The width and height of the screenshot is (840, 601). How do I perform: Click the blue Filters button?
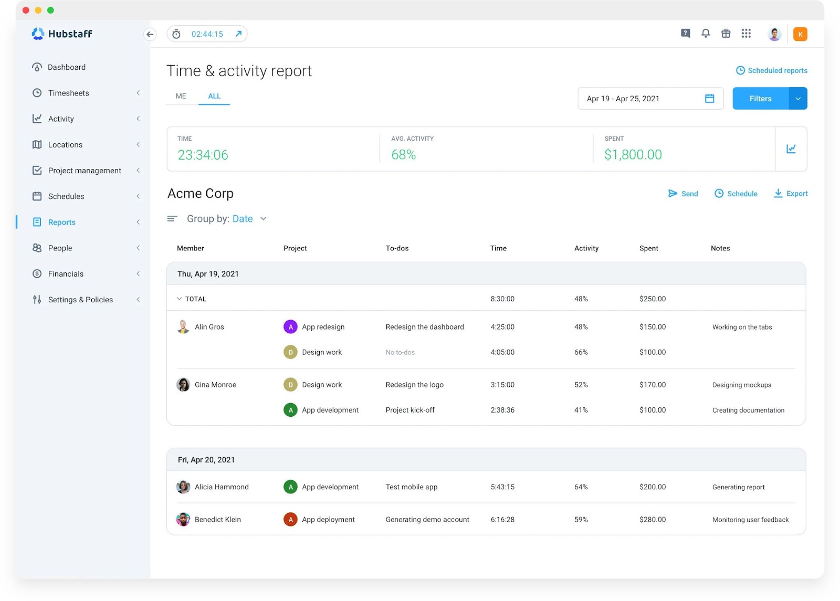pyautogui.click(x=760, y=99)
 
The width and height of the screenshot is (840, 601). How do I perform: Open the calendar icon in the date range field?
pyautogui.click(x=709, y=99)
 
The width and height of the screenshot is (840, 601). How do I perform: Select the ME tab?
pyautogui.click(x=181, y=96)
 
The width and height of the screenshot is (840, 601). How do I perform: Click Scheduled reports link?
pyautogui.click(x=772, y=70)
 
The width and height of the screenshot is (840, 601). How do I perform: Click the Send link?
pyautogui.click(x=683, y=194)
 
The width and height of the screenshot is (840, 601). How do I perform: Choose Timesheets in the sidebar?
pyautogui.click(x=69, y=93)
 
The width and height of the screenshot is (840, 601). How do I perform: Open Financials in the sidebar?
pyautogui.click(x=66, y=274)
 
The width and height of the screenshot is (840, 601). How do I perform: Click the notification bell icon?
pyautogui.click(x=706, y=34)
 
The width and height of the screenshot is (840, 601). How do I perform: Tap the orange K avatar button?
pyautogui.click(x=800, y=34)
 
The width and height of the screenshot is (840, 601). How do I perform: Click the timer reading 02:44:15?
pyautogui.click(x=207, y=34)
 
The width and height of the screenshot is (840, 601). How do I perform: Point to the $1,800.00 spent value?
pyautogui.click(x=633, y=155)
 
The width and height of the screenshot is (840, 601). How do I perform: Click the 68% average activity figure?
pyautogui.click(x=403, y=155)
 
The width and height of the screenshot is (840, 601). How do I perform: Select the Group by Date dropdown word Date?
pyautogui.click(x=243, y=219)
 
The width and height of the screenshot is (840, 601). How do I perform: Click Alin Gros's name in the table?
pyautogui.click(x=209, y=327)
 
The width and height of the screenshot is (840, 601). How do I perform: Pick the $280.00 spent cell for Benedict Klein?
pyautogui.click(x=653, y=520)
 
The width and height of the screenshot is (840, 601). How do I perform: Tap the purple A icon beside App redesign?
pyautogui.click(x=290, y=327)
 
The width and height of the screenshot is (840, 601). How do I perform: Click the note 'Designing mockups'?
pyautogui.click(x=741, y=385)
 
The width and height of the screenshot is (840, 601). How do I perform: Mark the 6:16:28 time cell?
pyautogui.click(x=502, y=520)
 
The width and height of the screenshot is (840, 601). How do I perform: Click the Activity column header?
pyautogui.click(x=586, y=248)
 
